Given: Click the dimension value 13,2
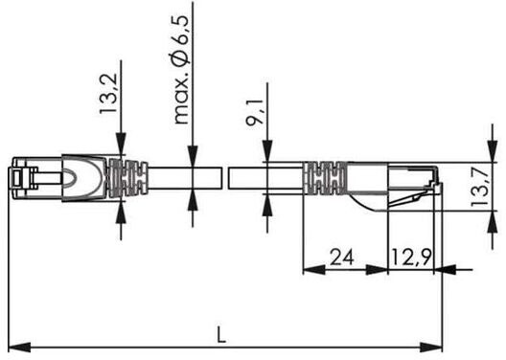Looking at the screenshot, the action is (x=107, y=94).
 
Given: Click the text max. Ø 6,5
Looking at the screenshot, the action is (x=181, y=70).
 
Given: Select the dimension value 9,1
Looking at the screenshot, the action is (x=255, y=112).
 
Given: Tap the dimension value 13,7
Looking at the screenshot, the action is (x=480, y=188).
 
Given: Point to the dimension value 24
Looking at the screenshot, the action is (x=342, y=257).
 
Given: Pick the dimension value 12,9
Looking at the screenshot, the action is (x=411, y=257).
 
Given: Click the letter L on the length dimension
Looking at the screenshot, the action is (x=220, y=334).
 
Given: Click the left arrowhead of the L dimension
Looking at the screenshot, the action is (x=19, y=348).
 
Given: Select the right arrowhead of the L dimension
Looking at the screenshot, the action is (x=431, y=348).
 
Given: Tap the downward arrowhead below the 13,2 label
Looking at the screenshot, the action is (x=121, y=145).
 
